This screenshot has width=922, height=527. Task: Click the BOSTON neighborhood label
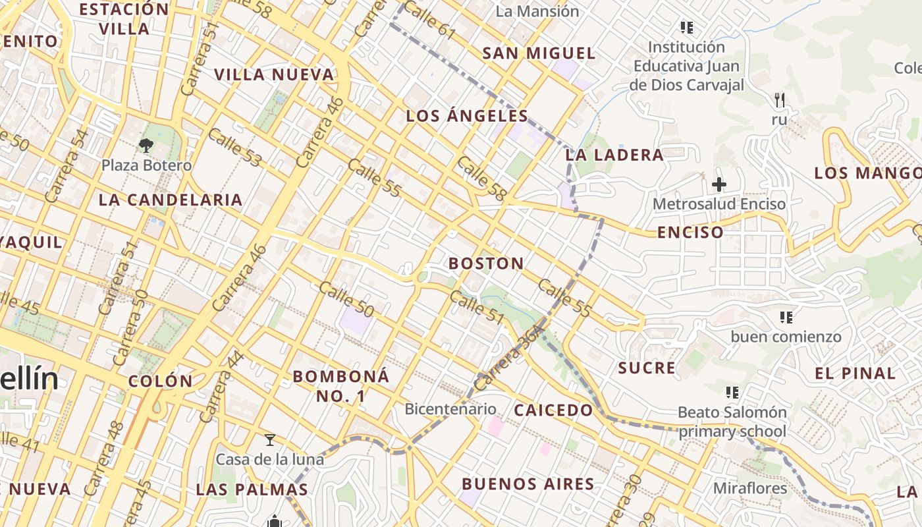coord(486,263)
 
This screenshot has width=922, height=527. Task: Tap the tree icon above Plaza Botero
coord(146,146)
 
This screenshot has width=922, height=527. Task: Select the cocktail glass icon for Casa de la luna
coord(269,439)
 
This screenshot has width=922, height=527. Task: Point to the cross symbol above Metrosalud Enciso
coord(719,184)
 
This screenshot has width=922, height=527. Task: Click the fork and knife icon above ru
coord(780,100)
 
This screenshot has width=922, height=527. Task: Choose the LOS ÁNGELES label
coord(467,117)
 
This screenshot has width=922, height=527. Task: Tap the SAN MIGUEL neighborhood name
coord(539,53)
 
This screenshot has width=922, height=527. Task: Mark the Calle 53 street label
coord(235,148)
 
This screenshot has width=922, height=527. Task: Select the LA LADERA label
coord(614,155)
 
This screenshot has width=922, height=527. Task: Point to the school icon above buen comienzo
coord(786,318)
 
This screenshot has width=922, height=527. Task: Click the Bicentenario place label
coord(450,408)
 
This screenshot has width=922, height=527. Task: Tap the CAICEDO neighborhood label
coord(553,410)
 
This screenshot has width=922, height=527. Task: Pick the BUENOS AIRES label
coord(528,484)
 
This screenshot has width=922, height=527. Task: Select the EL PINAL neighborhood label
coord(855,374)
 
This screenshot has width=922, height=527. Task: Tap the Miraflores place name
coord(750,488)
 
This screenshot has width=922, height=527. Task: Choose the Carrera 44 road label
coord(221,388)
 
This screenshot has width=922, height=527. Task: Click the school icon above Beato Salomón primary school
coord(732,393)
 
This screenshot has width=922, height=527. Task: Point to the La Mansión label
coord(537,11)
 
